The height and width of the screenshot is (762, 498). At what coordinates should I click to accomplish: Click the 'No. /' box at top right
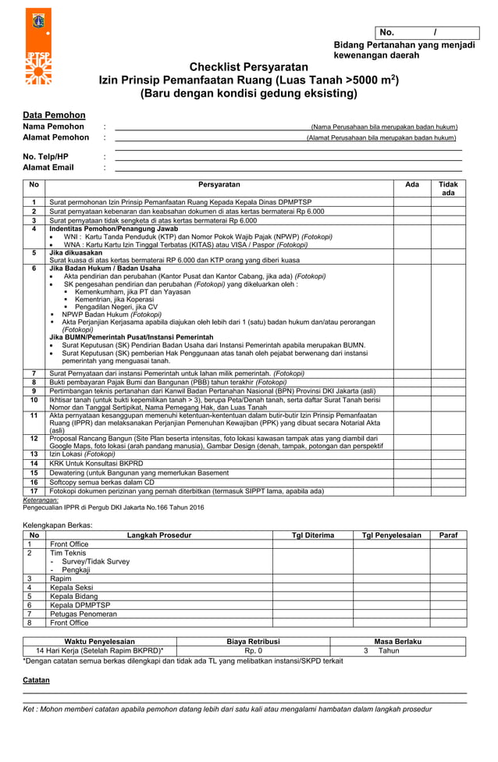click(425, 32)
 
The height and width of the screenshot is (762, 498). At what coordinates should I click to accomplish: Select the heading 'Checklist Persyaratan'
click(249, 67)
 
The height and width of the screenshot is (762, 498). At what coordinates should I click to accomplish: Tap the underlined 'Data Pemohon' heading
click(54, 115)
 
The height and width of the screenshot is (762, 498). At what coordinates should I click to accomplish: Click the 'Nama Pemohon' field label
click(53, 126)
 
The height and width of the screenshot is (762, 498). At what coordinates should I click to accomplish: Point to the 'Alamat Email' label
click(48, 167)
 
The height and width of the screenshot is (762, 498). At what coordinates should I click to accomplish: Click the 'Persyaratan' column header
click(219, 184)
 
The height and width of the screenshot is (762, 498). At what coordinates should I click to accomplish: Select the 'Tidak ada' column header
click(448, 188)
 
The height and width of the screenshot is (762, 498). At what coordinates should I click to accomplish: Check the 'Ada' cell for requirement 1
click(411, 202)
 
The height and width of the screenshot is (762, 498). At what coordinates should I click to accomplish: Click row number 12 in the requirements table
click(34, 440)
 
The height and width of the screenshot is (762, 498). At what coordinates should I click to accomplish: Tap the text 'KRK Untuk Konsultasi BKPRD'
click(96, 464)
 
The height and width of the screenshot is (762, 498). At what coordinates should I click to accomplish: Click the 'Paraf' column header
click(448, 536)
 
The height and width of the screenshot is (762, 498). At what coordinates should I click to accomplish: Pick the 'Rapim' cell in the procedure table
click(61, 579)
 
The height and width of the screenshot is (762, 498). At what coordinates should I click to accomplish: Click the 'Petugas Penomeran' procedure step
click(83, 614)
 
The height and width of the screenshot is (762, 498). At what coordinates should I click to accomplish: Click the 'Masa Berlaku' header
click(398, 641)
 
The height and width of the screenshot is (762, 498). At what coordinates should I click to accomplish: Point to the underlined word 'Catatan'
click(36, 680)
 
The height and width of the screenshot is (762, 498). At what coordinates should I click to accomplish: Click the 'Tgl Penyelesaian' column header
click(391, 536)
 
